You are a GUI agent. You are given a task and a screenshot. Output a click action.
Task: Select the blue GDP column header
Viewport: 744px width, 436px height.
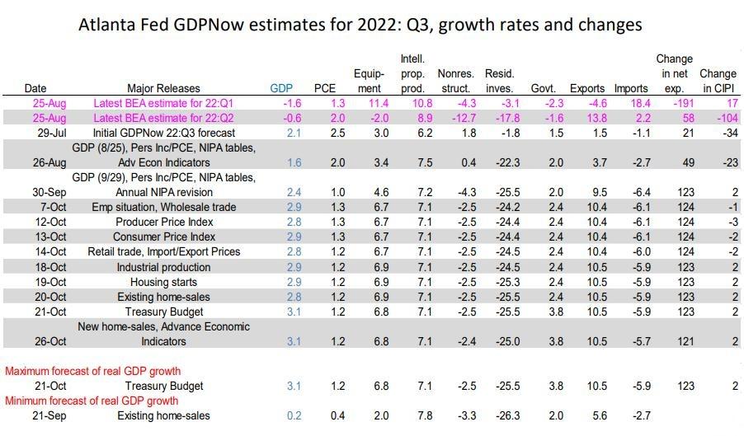[281, 88]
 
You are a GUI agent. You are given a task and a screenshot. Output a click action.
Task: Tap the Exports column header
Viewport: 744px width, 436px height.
[586, 88]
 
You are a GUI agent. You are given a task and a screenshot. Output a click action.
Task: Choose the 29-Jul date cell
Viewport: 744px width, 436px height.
[35, 133]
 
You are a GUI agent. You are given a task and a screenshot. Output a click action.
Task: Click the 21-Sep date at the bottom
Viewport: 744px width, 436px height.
[35, 415]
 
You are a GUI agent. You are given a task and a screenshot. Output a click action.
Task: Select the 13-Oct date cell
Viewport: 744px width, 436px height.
[35, 237]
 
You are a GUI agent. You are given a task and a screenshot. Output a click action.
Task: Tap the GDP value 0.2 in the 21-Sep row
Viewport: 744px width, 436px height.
[294, 415]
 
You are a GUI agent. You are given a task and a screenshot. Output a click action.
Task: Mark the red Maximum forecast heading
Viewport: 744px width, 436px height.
[92, 371]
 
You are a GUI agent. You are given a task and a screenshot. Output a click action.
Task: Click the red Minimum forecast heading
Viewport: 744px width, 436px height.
[92, 401]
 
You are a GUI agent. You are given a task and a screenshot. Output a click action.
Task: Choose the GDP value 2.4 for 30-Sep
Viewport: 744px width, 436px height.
[294, 192]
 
